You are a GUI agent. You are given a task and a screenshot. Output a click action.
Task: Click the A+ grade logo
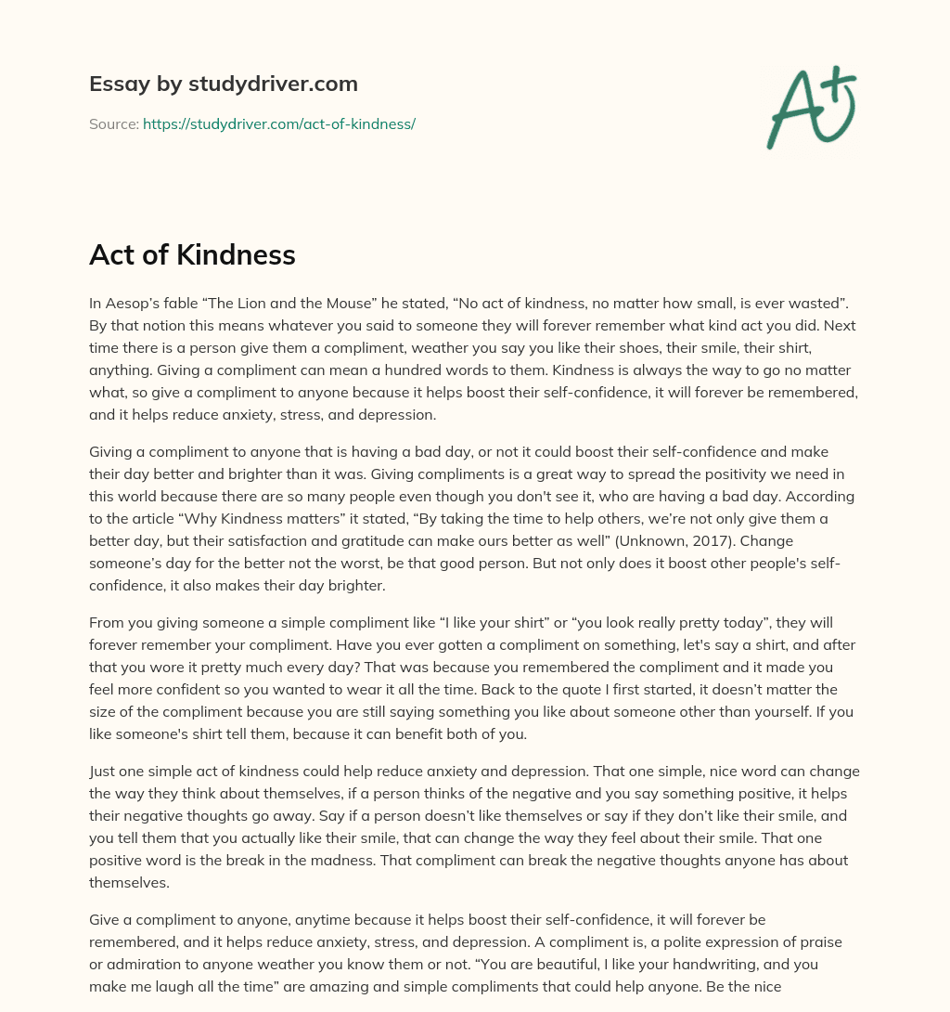810,108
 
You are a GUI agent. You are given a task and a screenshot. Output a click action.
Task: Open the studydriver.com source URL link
278,123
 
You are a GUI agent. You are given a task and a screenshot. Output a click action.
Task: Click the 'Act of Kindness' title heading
192,254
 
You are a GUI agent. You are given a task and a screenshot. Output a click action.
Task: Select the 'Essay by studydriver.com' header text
223,84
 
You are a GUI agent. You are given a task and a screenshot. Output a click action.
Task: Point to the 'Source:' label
114,123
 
